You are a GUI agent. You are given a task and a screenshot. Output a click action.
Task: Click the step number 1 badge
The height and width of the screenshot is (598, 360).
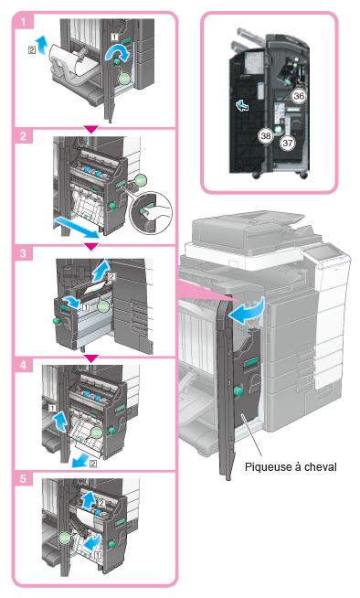click(x=23, y=21)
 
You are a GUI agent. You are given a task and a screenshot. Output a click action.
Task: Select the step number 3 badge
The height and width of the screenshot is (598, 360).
click(x=23, y=253)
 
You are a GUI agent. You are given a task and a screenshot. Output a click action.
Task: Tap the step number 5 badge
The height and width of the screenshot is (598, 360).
click(x=23, y=478)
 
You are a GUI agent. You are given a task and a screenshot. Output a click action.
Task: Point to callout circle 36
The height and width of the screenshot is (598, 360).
click(x=299, y=96)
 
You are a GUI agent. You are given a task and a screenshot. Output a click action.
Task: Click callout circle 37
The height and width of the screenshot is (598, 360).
click(x=288, y=143)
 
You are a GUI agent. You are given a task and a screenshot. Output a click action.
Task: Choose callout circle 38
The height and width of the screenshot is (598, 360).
click(x=266, y=135)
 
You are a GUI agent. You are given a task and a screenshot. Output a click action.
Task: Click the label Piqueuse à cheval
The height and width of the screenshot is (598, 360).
click(x=291, y=467)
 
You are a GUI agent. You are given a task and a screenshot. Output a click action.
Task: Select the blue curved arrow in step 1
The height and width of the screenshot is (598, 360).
click(x=117, y=53)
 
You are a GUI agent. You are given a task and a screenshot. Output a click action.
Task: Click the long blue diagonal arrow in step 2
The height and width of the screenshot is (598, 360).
click(x=77, y=227)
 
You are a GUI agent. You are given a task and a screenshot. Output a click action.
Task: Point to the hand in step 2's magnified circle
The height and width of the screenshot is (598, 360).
click(x=156, y=213)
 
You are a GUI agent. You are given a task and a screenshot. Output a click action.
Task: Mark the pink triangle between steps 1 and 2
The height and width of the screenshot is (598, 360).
click(x=91, y=129)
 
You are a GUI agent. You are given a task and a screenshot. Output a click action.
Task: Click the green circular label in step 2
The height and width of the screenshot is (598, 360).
click(x=141, y=180)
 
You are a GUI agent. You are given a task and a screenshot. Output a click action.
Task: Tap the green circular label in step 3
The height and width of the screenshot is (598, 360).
click(x=103, y=306)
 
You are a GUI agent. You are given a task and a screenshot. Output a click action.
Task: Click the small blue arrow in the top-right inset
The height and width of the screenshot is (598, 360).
click(x=241, y=104)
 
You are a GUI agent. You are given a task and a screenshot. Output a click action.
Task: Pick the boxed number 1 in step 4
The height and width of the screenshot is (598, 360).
click(x=52, y=409)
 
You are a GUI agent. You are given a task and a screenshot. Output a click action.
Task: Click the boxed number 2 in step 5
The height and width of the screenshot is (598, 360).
click(x=101, y=504)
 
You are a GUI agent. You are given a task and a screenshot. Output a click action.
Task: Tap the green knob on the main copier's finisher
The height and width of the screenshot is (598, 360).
click(x=238, y=390)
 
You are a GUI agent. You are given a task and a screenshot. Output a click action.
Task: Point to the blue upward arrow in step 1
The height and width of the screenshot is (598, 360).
click(x=42, y=44)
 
